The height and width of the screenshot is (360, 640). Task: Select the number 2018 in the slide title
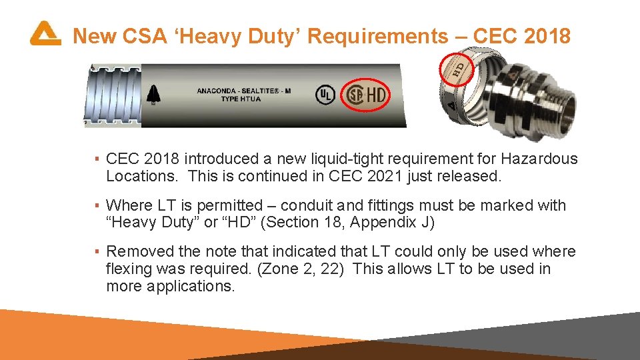pyautogui.click(x=547, y=36)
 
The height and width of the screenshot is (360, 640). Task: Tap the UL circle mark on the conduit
pyautogui.click(x=325, y=95)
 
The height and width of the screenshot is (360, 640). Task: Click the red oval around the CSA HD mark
pyautogui.click(x=367, y=95)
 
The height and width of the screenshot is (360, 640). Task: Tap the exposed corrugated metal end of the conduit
pyautogui.click(x=111, y=95)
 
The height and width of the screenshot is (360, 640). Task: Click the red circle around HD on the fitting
pyautogui.click(x=459, y=67)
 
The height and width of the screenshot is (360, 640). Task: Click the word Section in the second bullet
pyautogui.click(x=289, y=223)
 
